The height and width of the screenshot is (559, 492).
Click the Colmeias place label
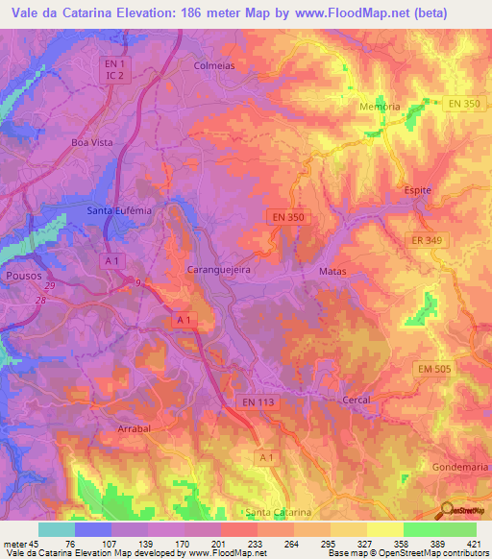(214, 66)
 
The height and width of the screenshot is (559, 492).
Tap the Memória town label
(379, 107)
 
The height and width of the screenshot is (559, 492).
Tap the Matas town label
(332, 272)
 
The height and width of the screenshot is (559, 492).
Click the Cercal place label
(357, 399)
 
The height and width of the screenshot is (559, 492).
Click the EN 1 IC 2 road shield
(115, 69)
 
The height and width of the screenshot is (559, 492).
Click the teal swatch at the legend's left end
(57, 529)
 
